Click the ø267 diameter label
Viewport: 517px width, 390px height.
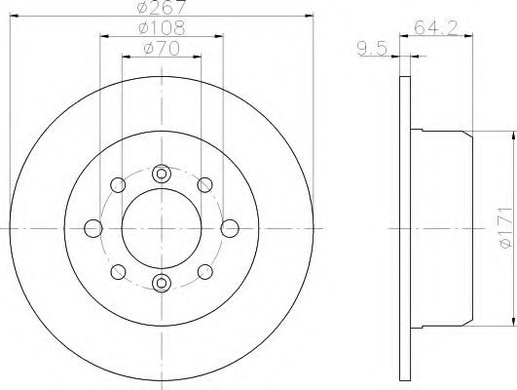tap(162, 7)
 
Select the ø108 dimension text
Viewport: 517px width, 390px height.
tap(162, 27)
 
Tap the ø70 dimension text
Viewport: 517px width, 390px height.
tap(162, 49)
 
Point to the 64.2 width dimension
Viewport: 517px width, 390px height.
tap(436, 27)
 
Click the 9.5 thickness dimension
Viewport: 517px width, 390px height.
tap(372, 49)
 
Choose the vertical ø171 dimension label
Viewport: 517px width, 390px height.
tap(505, 228)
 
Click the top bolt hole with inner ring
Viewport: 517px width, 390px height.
tap(162, 174)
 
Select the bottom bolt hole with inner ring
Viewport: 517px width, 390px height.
tap(162, 283)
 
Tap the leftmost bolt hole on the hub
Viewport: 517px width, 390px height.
tap(93, 228)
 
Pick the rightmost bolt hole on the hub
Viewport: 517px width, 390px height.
tap(230, 228)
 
